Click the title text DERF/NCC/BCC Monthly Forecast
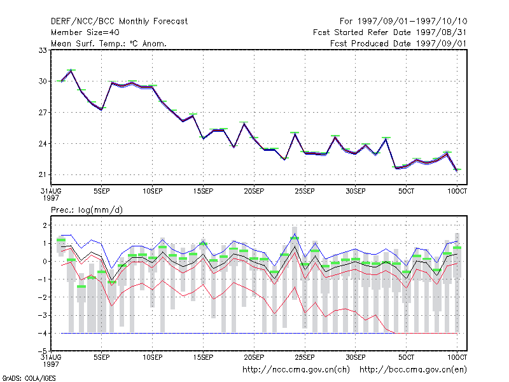119,22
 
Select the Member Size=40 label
85,32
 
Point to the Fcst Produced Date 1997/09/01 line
398,43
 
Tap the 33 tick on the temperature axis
43,50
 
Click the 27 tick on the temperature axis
43,113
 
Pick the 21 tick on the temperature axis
43,174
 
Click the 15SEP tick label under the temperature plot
203,191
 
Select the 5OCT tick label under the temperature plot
406,191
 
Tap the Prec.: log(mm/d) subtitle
87,210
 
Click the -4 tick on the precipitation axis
42,333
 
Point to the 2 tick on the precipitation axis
45,225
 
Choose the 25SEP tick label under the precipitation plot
305,357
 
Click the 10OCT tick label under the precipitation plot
457,357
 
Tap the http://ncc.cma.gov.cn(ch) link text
296,370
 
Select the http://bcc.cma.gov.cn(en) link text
413,370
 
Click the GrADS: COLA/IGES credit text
29,378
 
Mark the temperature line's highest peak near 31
71,71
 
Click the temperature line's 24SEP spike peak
295,134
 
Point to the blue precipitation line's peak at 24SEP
295,234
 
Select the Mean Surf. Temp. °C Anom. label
109,43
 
